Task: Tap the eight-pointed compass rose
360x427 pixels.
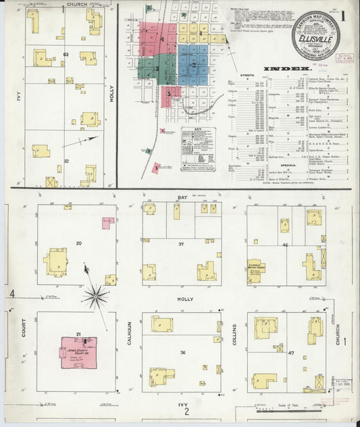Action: (x=95, y=295)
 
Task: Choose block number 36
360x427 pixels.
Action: (x=182, y=353)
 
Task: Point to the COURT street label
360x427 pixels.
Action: (x=23, y=329)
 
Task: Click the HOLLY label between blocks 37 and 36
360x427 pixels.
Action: (x=184, y=299)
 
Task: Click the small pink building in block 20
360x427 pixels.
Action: (x=107, y=222)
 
